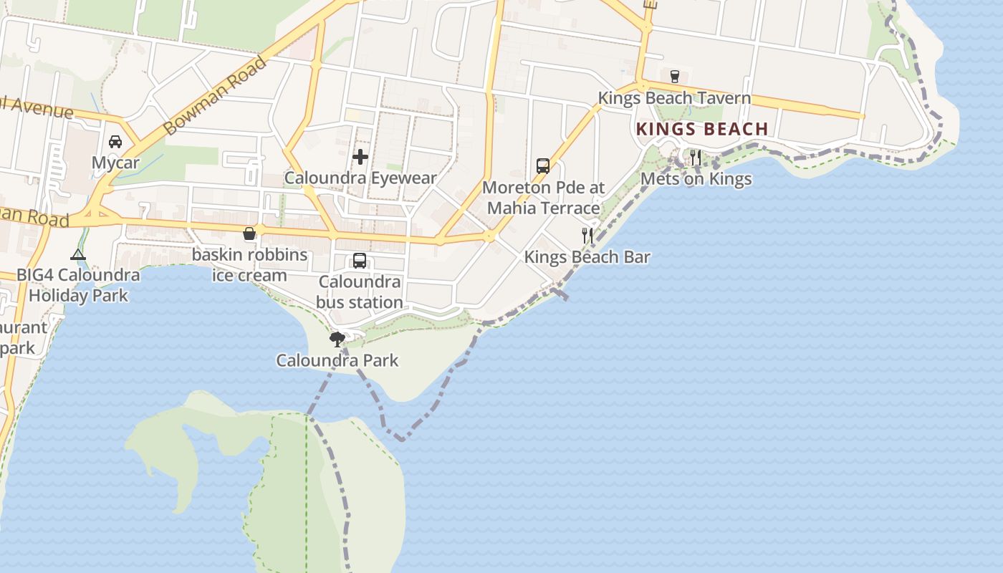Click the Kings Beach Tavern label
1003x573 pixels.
674,98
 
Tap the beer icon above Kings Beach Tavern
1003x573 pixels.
674,76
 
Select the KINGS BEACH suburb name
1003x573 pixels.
702,130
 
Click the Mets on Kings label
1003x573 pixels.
696,179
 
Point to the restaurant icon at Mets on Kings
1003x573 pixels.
696,157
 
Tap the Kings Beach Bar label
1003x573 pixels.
587,257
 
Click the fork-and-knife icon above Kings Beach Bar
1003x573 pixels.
587,235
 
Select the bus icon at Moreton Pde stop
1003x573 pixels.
543,166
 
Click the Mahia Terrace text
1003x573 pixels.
544,208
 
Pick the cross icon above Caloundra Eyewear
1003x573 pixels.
360,156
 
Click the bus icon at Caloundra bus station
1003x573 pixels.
360,261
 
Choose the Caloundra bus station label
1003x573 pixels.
360,292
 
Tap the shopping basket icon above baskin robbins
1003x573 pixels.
249,233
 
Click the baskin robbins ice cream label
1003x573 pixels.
249,265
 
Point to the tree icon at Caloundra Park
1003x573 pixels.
337,339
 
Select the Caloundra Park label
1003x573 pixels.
337,360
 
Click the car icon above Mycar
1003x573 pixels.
115,142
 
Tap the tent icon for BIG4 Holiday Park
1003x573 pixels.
77,254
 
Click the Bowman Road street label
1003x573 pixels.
215,95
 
